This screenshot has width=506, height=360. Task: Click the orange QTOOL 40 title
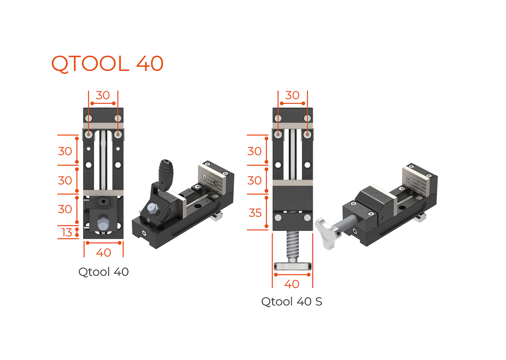[107, 64]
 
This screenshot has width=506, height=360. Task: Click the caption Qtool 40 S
[291, 302]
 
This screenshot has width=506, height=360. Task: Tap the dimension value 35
[255, 213]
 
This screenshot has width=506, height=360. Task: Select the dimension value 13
[67, 232]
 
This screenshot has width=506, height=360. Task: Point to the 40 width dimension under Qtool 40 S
[292, 284]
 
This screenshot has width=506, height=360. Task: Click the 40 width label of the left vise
[103, 252]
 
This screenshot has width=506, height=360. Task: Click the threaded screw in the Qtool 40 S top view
[293, 246]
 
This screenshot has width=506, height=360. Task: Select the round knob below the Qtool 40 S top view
[293, 266]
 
